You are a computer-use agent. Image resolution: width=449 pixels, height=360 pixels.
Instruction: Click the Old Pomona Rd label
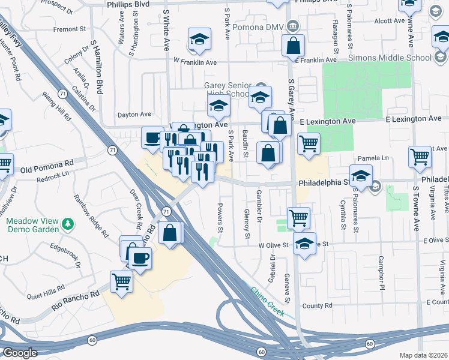click(47, 163)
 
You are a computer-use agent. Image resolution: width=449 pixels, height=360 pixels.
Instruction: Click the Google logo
click(20, 353)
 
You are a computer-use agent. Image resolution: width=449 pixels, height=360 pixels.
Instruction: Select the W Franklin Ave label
click(194, 62)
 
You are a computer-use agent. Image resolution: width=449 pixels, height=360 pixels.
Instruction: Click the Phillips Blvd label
click(128, 4)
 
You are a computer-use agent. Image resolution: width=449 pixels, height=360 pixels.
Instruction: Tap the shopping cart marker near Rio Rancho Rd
click(121, 281)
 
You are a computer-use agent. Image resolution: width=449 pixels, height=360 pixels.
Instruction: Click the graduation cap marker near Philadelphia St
click(361, 175)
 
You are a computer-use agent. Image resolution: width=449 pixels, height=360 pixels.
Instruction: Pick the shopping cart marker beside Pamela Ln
click(420, 157)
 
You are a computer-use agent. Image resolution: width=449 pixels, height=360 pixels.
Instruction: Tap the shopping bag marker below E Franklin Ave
click(293, 44)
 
